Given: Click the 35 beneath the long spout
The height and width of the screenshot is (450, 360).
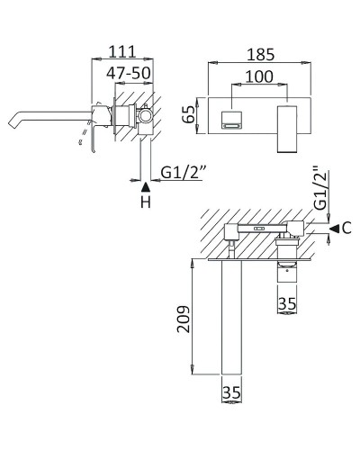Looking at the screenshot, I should (x=232, y=392).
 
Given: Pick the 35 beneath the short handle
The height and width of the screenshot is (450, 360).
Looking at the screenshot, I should (x=287, y=304).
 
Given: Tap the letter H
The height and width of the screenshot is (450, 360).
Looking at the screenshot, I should (x=145, y=204).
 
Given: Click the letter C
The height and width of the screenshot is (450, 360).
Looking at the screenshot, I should (x=346, y=229).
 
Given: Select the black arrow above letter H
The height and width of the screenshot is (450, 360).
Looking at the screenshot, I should (x=145, y=186).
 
